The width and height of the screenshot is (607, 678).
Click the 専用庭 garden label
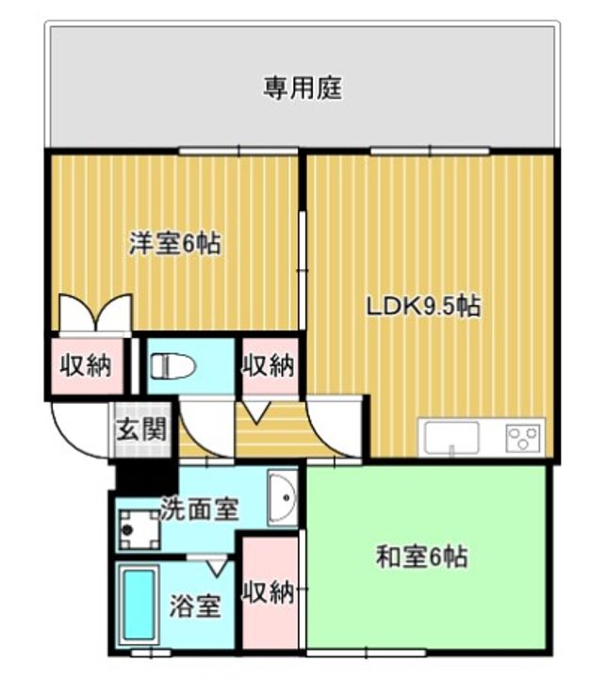[x=303, y=89]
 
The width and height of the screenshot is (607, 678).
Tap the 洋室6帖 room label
[x=175, y=244]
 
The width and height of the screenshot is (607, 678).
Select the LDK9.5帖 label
[x=424, y=307]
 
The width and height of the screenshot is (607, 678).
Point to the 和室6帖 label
[x=421, y=557]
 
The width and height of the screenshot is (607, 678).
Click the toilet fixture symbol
[x=172, y=366]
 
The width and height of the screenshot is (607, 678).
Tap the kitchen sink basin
[x=451, y=437]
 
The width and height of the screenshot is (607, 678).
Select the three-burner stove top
[x=523, y=438]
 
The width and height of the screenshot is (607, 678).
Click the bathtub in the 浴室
[x=139, y=605]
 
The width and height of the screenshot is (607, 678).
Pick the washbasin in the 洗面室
[x=282, y=498]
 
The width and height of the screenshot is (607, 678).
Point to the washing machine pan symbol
[x=139, y=529]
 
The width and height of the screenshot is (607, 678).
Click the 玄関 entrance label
[x=141, y=429]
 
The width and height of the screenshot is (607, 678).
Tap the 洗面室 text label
[x=200, y=508]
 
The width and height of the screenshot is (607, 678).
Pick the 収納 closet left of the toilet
[x=87, y=366]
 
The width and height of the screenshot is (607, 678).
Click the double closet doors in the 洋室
[x=95, y=313]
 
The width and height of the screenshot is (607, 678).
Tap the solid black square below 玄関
[x=147, y=476]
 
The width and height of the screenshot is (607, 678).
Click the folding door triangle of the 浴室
[x=216, y=568]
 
